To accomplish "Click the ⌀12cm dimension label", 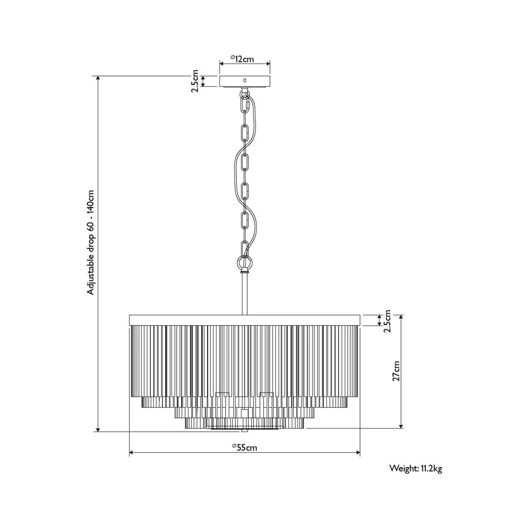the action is [242, 59].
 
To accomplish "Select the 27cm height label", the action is [396, 371].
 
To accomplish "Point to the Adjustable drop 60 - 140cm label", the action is [91, 242].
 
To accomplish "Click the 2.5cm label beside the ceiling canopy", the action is [195, 81].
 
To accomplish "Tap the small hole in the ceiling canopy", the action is [245, 80].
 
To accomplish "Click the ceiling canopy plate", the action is [245, 81].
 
